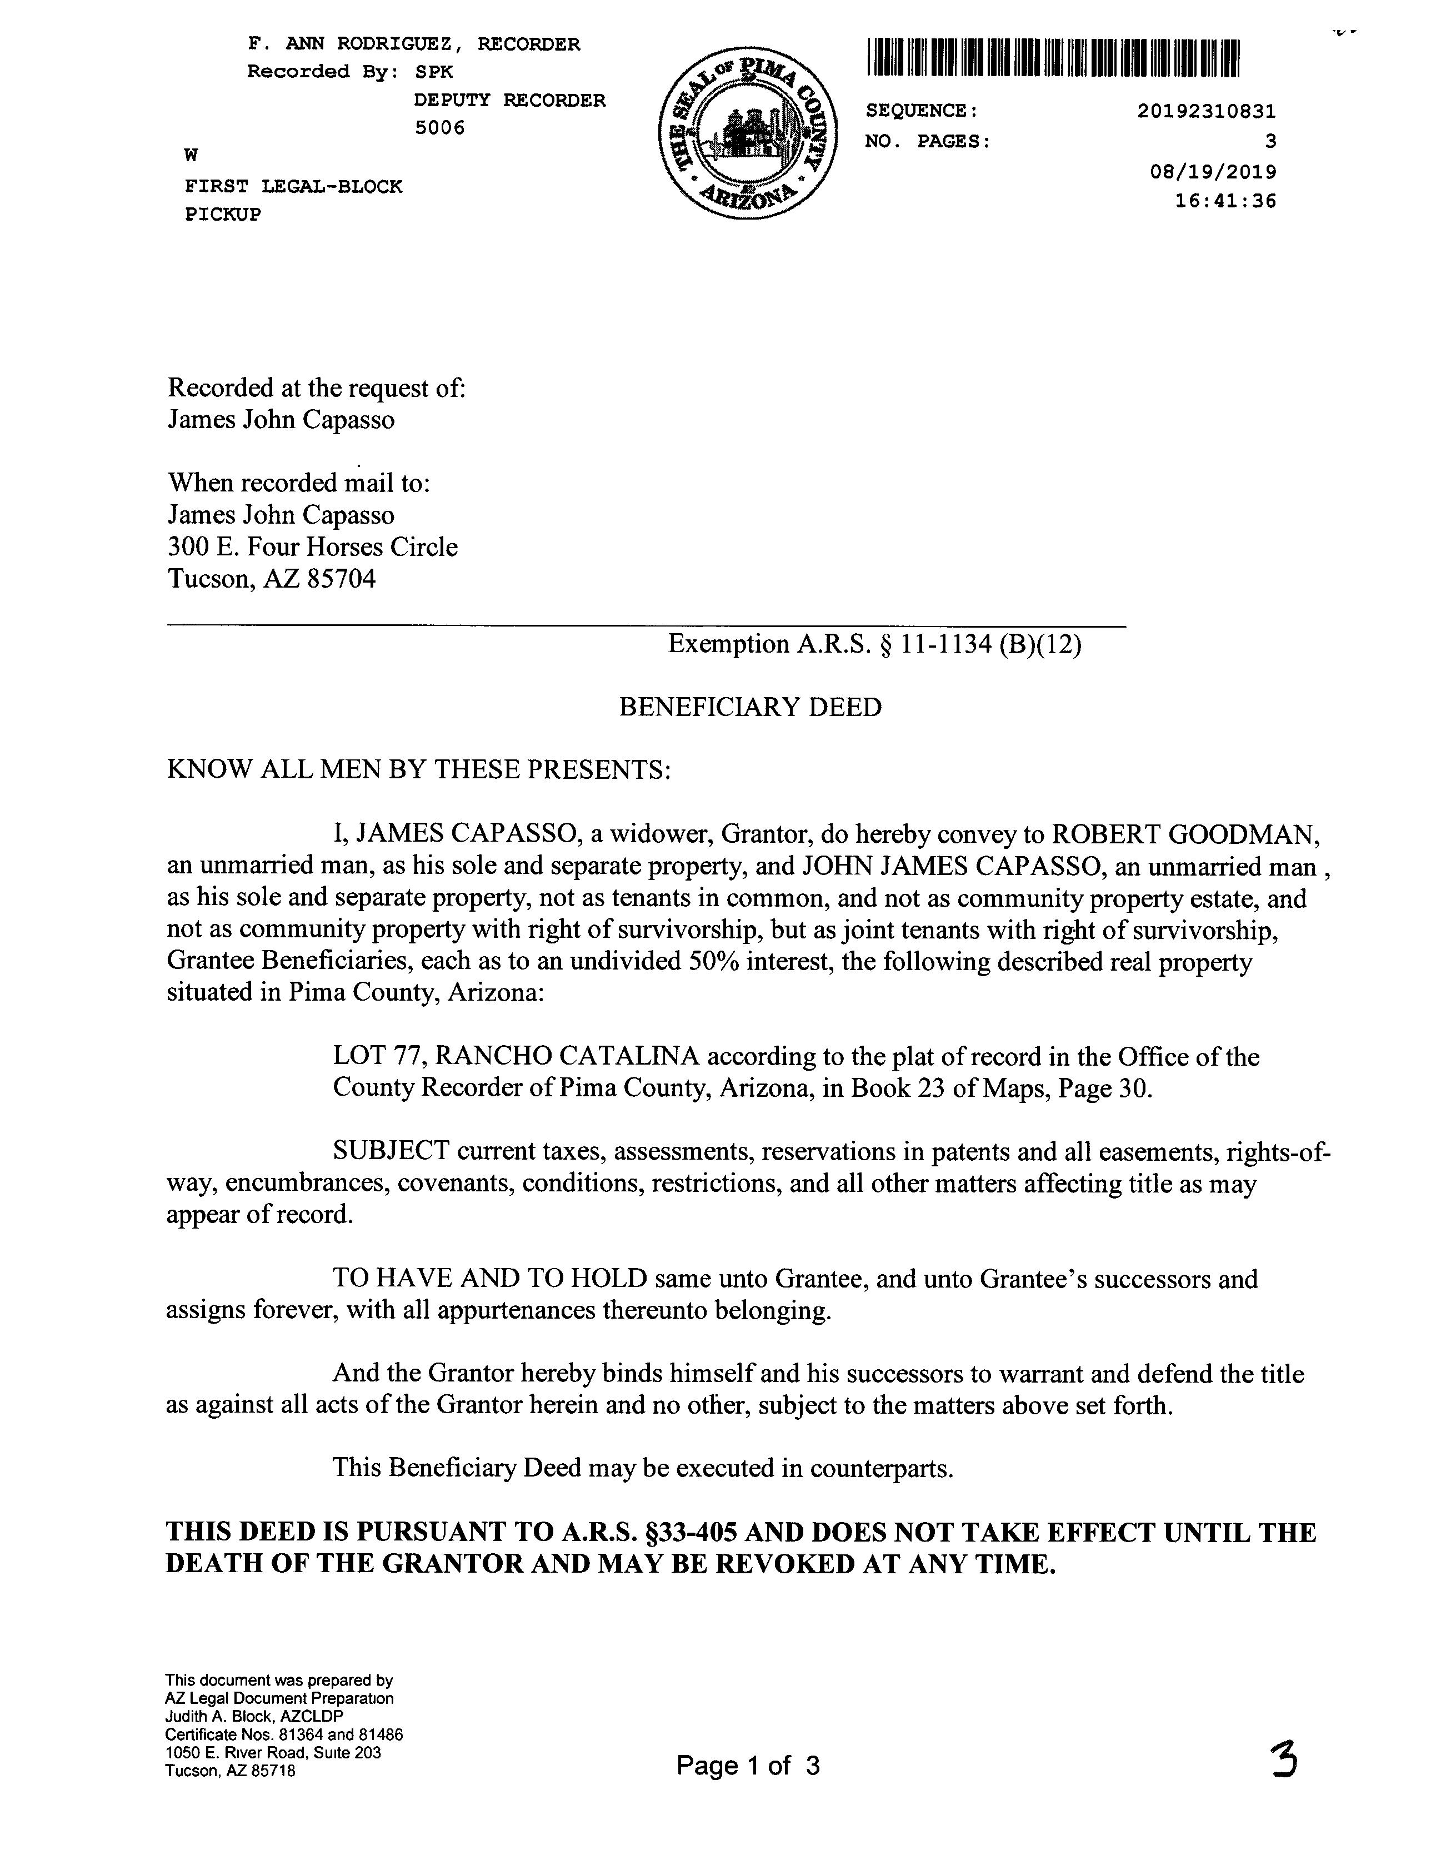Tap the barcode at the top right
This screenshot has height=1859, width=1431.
pos(1053,59)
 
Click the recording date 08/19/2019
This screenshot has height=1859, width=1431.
pos(1212,172)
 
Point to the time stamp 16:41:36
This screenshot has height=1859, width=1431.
pos(1225,202)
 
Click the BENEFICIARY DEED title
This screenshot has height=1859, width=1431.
pos(749,707)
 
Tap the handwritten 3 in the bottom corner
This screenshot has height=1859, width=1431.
pos(1283,1760)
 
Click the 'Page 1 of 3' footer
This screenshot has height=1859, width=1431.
pos(748,1766)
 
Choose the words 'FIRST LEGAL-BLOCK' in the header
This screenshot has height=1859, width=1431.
pos(293,186)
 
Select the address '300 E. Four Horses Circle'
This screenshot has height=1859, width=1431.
pos(312,548)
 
